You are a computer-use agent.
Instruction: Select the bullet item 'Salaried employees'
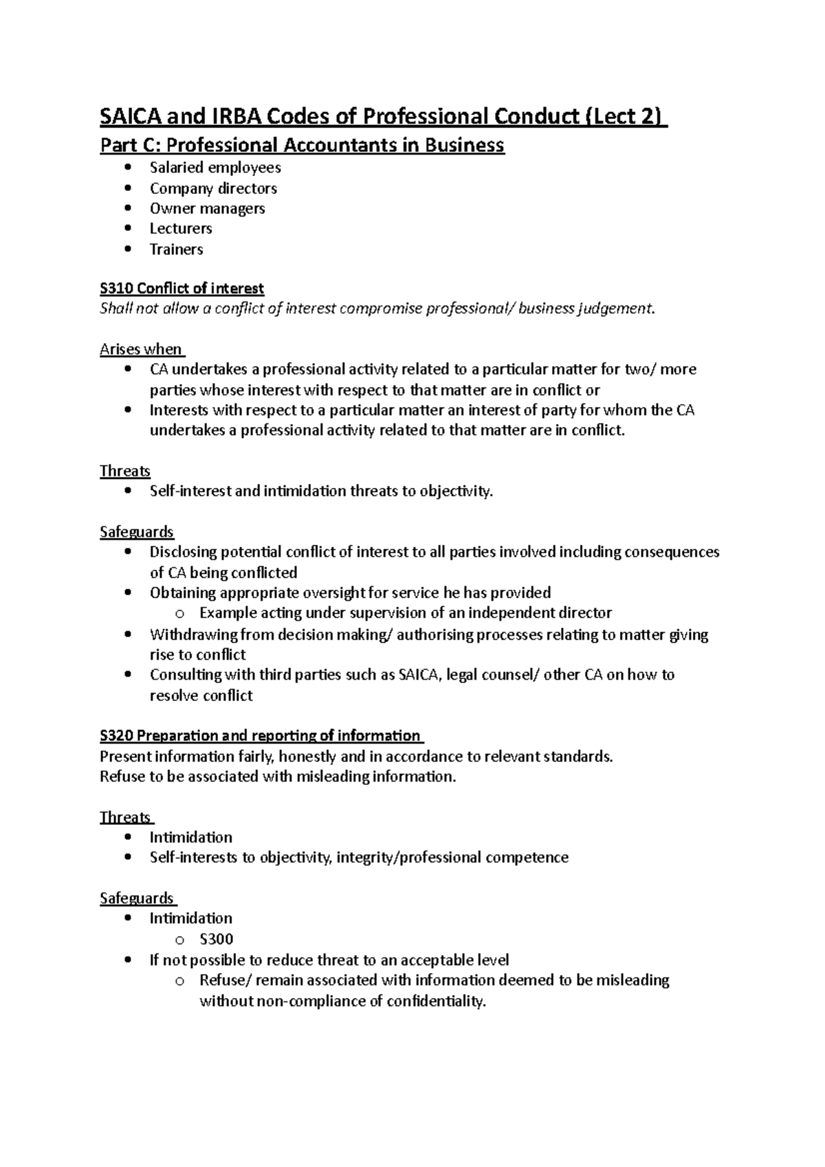215,168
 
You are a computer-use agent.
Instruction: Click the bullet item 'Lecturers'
181,228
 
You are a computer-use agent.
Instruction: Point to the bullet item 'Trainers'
176,249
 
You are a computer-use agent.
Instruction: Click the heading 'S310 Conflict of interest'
181,288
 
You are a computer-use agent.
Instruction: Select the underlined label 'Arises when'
141,349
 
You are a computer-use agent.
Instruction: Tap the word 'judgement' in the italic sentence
617,309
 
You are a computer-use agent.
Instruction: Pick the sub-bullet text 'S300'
217,939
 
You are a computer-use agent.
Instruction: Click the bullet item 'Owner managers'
207,208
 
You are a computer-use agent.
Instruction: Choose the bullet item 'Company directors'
213,188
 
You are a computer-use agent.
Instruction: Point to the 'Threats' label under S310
125,471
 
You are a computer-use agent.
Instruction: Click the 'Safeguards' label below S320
137,898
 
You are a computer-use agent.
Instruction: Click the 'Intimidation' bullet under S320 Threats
191,837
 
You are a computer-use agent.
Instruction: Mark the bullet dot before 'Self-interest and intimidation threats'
128,491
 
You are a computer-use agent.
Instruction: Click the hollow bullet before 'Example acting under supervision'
180,613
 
